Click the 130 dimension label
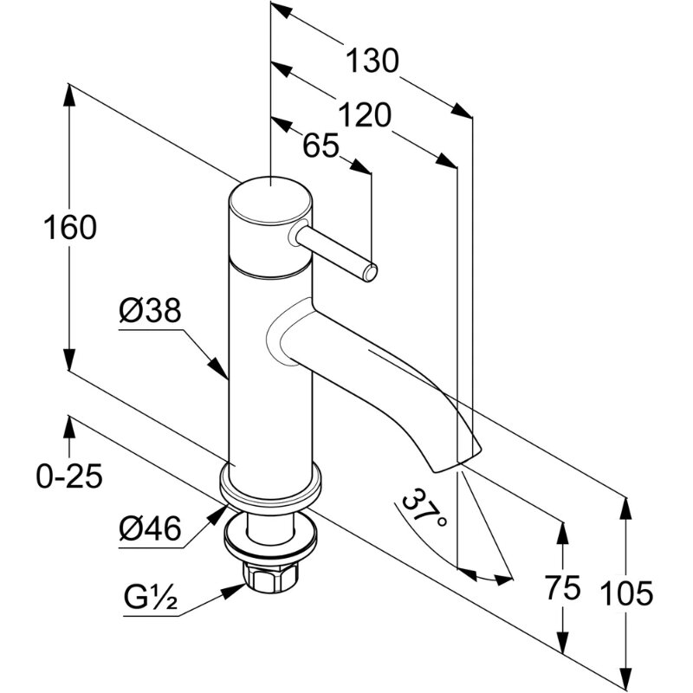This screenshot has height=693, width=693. (372, 62)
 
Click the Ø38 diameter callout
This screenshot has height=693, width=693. (150, 311)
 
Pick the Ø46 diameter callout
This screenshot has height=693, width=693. (151, 528)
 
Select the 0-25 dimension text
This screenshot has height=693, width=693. (69, 476)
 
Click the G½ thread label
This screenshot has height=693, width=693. (150, 599)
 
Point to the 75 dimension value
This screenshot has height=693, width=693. (562, 590)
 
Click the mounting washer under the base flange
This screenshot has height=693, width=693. (271, 535)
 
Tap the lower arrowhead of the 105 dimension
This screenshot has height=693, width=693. (625, 676)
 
